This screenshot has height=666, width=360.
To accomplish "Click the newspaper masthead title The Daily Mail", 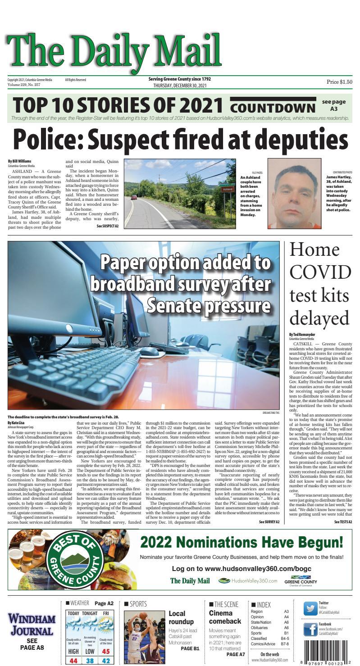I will click(x=114, y=50).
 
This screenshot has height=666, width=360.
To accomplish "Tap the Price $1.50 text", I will click(x=339, y=82).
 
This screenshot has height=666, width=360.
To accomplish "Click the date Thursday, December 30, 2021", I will click(x=180, y=86).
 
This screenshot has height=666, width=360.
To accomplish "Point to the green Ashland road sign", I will click(x=227, y=190).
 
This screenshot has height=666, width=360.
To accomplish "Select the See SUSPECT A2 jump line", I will click(x=107, y=226).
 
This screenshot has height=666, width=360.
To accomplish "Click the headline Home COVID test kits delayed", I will click(x=320, y=284).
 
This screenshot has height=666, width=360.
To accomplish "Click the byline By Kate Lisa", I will click(x=17, y=423).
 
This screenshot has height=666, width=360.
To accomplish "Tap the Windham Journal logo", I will click(x=32, y=625).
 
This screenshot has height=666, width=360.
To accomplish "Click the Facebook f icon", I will click(x=310, y=629).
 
